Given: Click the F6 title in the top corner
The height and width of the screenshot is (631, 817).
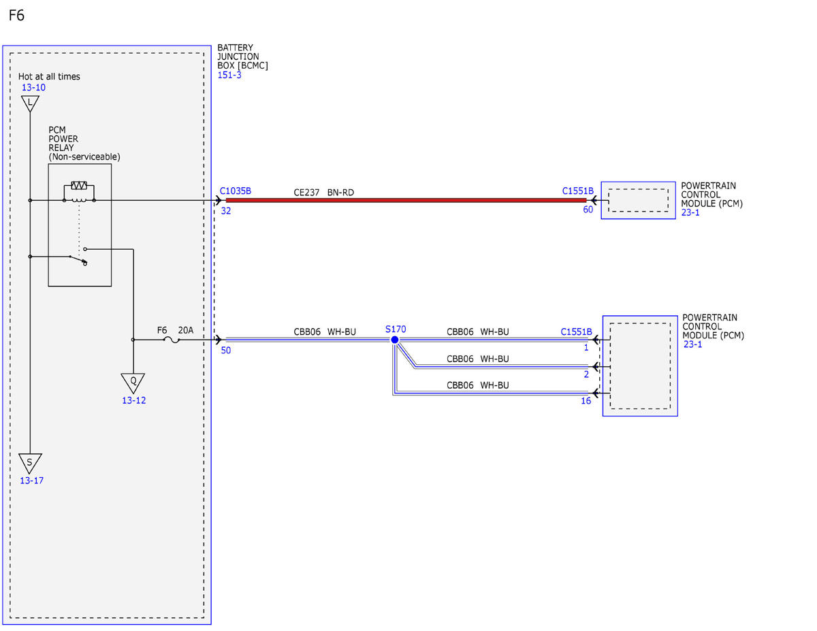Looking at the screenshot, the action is pyautogui.click(x=16, y=16).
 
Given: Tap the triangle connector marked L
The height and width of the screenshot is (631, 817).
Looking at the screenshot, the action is pyautogui.click(x=30, y=103).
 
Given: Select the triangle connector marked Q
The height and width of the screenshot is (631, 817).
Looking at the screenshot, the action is pyautogui.click(x=133, y=383).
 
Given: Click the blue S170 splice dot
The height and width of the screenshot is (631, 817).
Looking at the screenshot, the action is pyautogui.click(x=395, y=340).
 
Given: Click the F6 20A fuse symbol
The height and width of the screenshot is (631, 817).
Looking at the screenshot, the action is pyautogui.click(x=172, y=340).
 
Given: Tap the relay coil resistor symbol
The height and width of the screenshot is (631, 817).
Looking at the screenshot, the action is pyautogui.click(x=79, y=185).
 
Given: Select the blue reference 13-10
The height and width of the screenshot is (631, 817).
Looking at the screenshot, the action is pyautogui.click(x=33, y=88).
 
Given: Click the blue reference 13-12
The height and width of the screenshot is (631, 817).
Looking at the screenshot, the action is pyautogui.click(x=134, y=401).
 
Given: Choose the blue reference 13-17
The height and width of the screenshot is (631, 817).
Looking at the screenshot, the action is pyautogui.click(x=31, y=481).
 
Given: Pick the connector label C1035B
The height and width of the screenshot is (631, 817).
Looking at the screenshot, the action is pyautogui.click(x=236, y=191).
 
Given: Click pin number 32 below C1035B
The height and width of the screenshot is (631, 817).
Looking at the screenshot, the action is pyautogui.click(x=226, y=211).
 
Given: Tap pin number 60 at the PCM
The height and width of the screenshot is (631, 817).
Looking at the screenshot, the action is pyautogui.click(x=588, y=210).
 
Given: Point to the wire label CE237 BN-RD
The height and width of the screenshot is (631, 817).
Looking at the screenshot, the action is pyautogui.click(x=323, y=193).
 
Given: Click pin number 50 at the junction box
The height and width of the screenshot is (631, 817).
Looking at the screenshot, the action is pyautogui.click(x=226, y=351).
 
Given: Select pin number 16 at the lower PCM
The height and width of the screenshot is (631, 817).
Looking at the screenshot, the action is pyautogui.click(x=586, y=401).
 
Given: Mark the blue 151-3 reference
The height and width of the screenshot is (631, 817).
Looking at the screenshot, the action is pyautogui.click(x=229, y=75).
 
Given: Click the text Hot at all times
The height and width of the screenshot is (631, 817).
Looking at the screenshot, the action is pyautogui.click(x=49, y=77).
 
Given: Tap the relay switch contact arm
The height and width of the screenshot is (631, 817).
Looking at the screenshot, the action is pyautogui.click(x=78, y=259).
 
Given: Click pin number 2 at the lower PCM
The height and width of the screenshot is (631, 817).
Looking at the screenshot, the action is pyautogui.click(x=586, y=374).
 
